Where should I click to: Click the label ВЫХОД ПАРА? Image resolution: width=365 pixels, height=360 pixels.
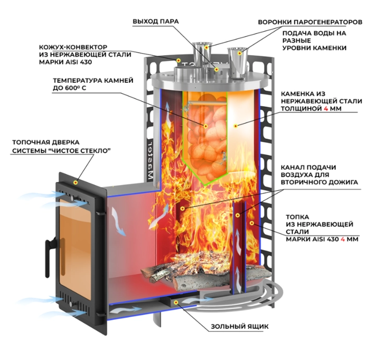point(156,21)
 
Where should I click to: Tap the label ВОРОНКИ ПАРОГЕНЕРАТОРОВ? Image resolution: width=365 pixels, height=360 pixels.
point(309,22)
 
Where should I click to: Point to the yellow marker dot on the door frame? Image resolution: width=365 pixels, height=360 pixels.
point(76,183)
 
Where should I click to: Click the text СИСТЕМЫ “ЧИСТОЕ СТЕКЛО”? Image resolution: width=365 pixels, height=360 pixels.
point(64,151)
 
